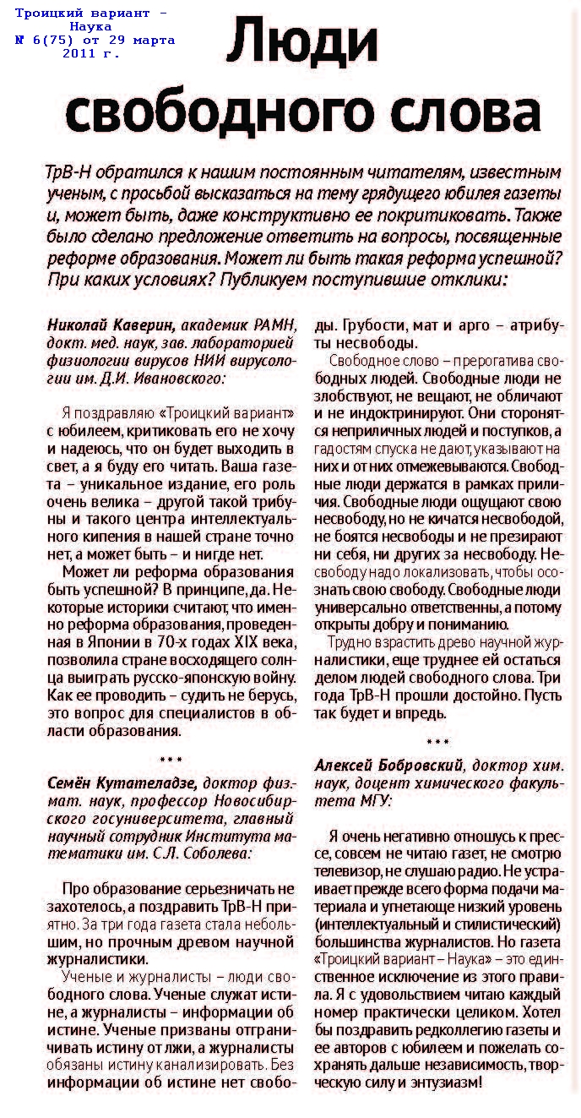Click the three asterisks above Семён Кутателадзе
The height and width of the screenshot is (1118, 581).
pyautogui.click(x=171, y=760)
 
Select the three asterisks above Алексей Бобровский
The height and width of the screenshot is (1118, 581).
pyautogui.click(x=438, y=742)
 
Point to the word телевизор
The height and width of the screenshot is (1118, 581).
pyautogui.click(x=345, y=870)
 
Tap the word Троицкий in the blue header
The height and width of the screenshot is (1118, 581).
pyautogui.click(x=46, y=14)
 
